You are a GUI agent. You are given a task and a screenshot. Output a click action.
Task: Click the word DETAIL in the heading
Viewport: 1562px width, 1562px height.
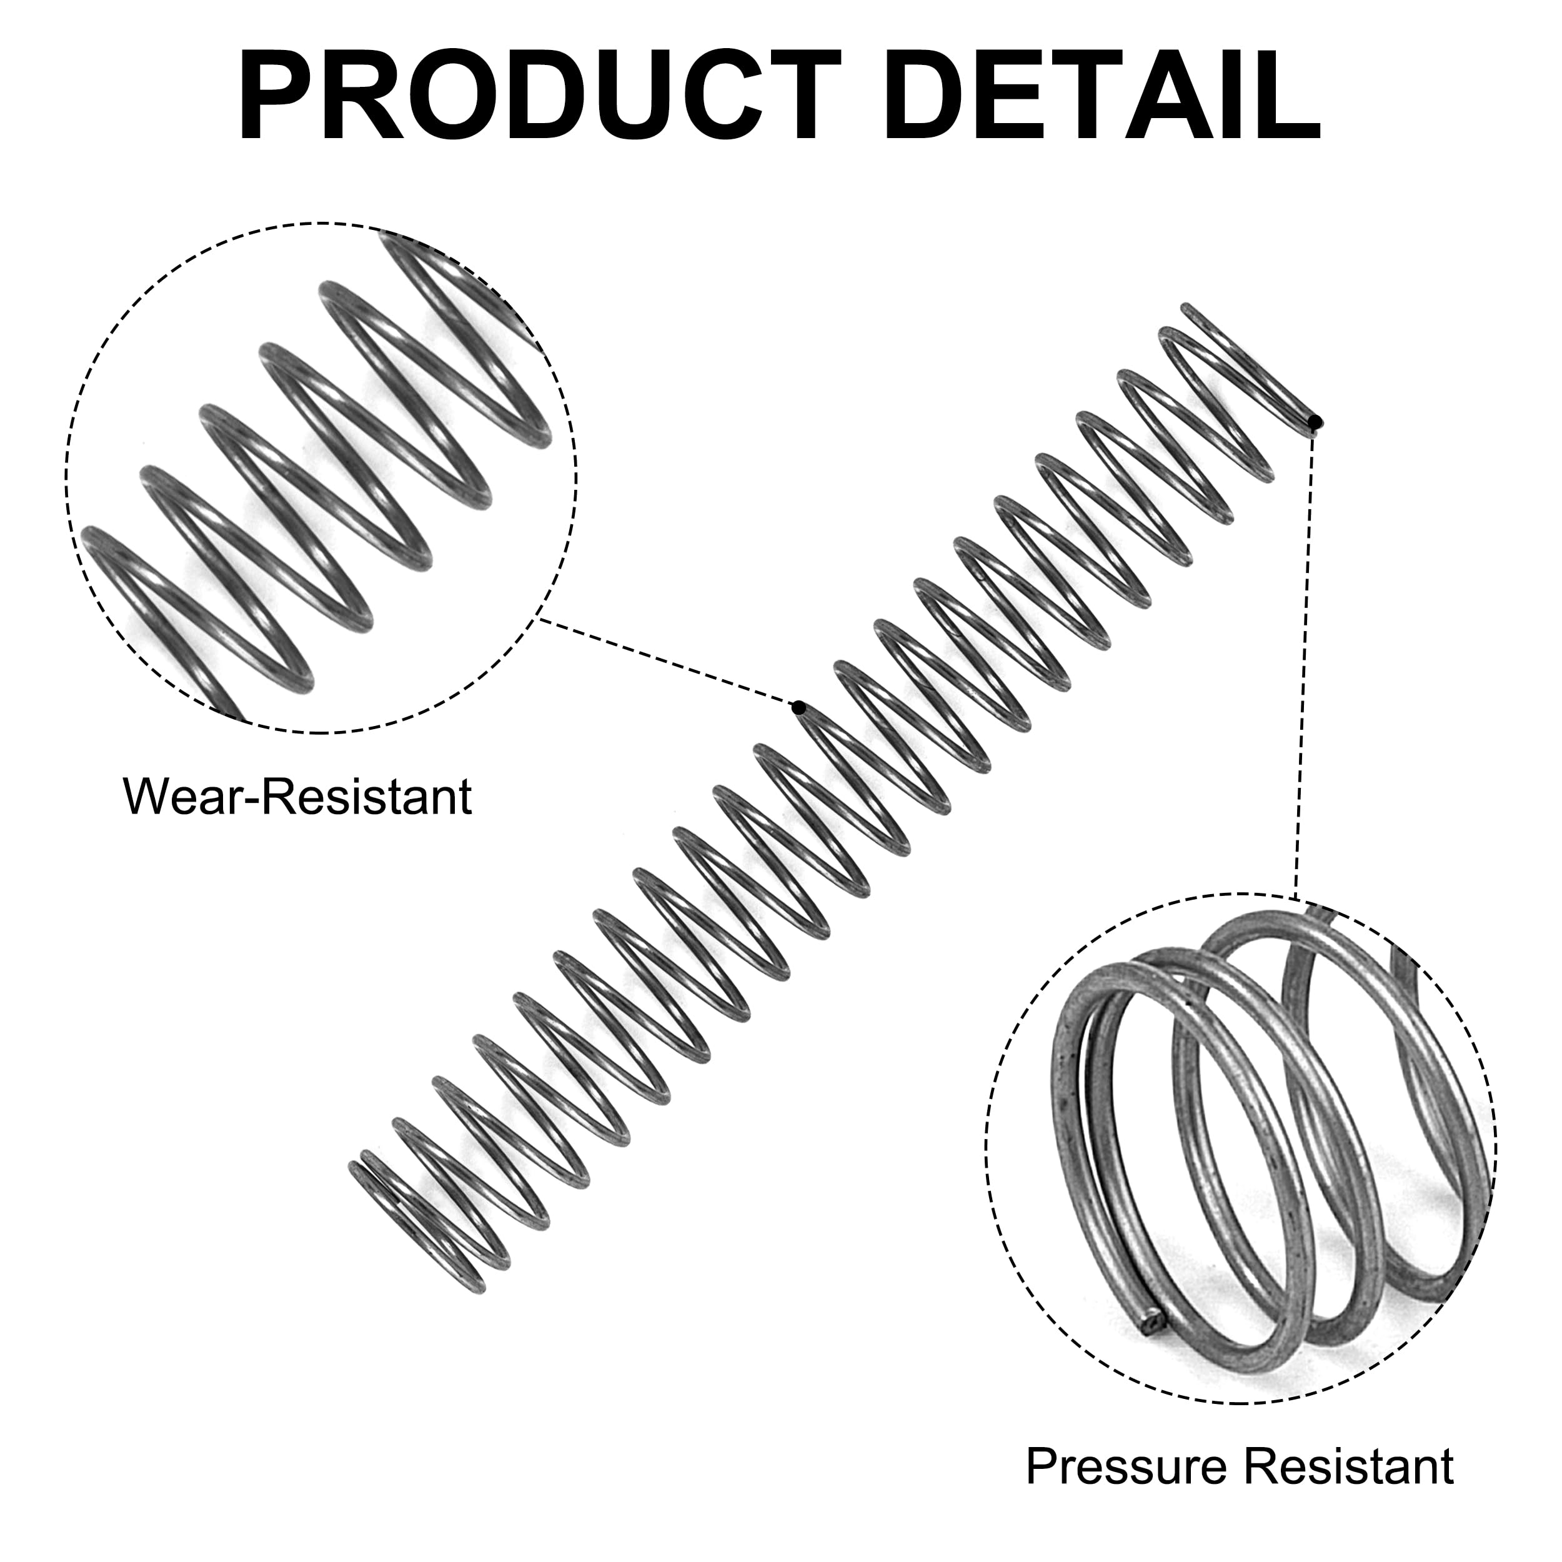coord(1102,96)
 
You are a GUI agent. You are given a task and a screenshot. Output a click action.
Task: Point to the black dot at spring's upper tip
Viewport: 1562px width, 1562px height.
coord(1316,420)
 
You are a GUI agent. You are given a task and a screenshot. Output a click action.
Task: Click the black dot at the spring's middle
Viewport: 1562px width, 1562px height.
coord(798,709)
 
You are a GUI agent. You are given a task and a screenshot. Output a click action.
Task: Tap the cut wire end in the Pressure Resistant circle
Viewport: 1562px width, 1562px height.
coord(1153,1346)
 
